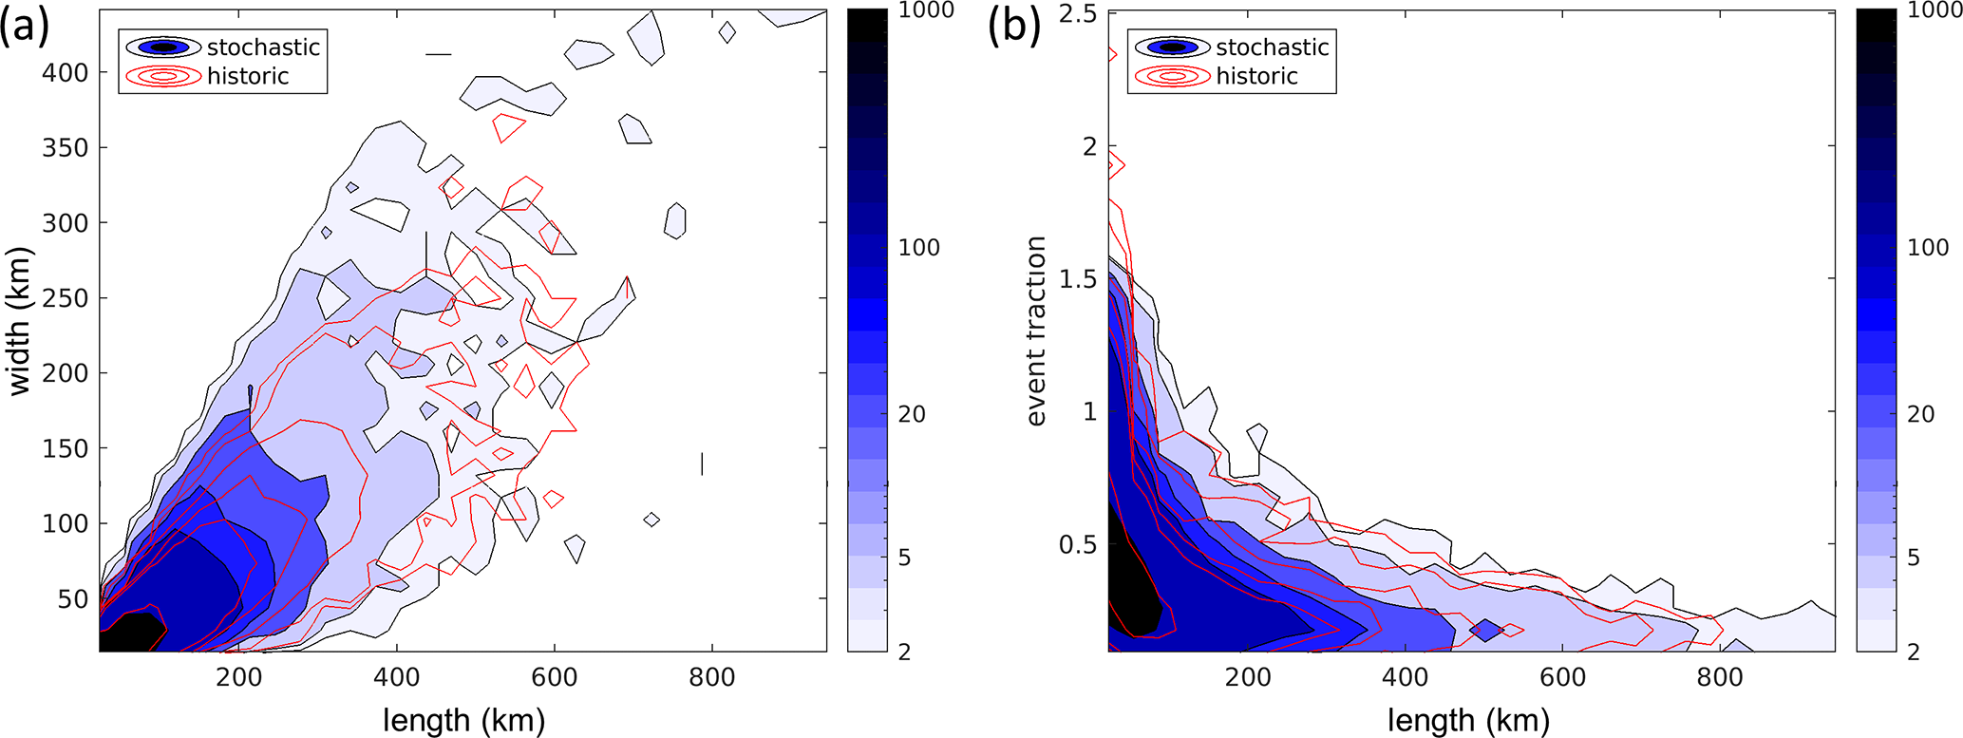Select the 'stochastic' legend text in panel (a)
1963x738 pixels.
(x=263, y=47)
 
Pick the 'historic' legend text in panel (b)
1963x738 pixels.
(x=1256, y=76)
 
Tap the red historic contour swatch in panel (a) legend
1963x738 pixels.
(x=163, y=76)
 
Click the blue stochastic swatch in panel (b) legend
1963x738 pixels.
(x=1173, y=47)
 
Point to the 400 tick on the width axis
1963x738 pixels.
(x=68, y=72)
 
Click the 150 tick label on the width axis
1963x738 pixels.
(x=68, y=448)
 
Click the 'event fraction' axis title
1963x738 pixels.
(x=1035, y=331)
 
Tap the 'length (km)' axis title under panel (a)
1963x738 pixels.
(x=464, y=720)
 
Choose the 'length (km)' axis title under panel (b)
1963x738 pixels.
(x=1468, y=720)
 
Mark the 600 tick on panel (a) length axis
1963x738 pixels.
(x=555, y=677)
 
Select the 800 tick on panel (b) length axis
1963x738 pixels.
(x=1720, y=677)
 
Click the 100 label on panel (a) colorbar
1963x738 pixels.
(x=918, y=248)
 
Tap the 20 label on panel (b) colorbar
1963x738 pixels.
(x=1921, y=414)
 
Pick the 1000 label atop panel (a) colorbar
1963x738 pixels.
(x=927, y=11)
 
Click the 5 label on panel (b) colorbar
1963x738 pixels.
(x=1915, y=558)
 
